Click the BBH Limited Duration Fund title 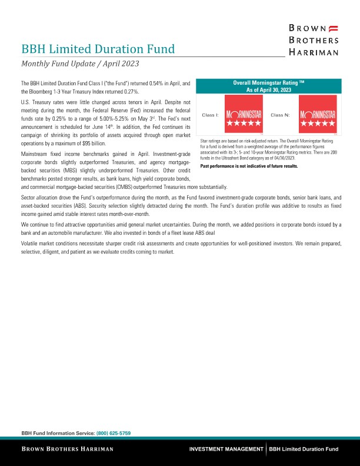[98, 48]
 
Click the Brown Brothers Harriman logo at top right [312, 40]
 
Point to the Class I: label [210, 115]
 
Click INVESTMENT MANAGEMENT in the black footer [226, 449]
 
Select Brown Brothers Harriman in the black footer [68, 449]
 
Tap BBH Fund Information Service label [57, 432]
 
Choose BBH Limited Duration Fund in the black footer [304, 449]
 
